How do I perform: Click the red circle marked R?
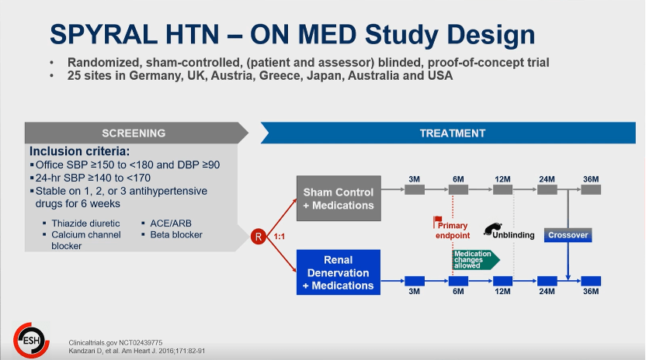(x=259, y=236)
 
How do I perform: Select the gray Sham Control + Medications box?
(x=338, y=199)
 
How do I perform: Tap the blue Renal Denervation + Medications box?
(x=338, y=272)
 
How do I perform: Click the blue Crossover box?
(x=568, y=235)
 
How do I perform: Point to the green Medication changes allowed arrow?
(x=474, y=258)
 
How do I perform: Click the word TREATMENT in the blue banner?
(x=452, y=133)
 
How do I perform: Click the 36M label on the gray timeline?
(x=591, y=179)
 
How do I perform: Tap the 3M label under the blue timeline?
(x=415, y=291)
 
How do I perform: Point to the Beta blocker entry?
(x=176, y=234)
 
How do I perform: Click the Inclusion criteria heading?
(x=80, y=151)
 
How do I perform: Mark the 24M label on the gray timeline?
(x=547, y=179)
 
